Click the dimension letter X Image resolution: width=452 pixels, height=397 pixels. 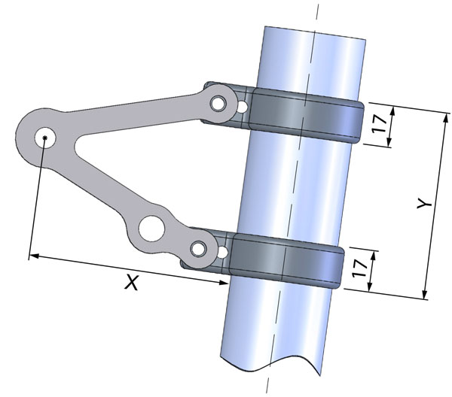(x=132, y=283)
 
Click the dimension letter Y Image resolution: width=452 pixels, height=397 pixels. (x=425, y=204)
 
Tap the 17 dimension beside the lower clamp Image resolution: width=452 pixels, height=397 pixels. (x=359, y=268)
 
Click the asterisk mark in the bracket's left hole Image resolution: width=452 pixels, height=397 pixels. (x=44, y=138)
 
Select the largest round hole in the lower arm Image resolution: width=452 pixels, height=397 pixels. (x=151, y=229)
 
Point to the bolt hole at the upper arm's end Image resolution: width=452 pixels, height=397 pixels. (x=218, y=104)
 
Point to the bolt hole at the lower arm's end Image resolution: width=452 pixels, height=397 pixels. (x=199, y=249)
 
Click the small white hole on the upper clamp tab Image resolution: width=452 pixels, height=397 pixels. (x=243, y=108)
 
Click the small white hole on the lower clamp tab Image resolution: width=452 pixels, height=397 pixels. (x=222, y=252)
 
